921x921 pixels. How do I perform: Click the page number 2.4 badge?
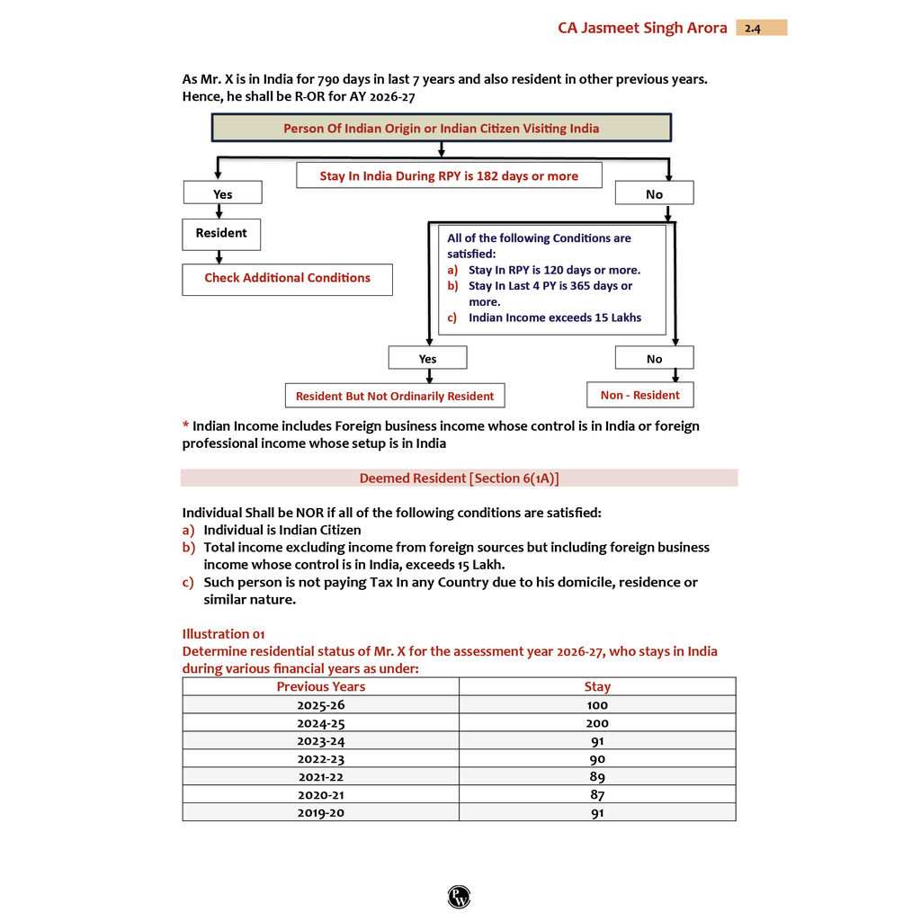761,28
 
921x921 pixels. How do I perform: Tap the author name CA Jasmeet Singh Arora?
642,28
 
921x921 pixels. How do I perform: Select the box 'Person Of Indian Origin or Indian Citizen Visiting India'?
441,128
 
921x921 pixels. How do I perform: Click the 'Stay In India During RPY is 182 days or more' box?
449,175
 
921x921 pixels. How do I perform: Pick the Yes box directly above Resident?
222,193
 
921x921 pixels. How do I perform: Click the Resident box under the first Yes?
221,233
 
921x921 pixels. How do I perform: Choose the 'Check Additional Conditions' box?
287,278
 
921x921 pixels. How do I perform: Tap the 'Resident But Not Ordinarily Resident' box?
395,396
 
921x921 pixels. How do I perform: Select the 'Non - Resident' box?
639,395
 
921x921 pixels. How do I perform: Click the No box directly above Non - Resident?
654,358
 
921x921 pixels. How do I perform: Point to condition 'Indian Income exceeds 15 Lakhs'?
554,317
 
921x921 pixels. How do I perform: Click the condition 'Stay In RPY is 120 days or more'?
554,270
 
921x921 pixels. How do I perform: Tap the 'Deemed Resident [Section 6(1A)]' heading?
459,478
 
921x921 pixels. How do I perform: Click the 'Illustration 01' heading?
223,634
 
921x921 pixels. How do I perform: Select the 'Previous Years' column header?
320,686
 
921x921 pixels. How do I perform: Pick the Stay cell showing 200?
597,722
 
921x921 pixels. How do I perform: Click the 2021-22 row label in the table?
320,776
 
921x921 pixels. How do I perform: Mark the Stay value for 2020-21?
597,794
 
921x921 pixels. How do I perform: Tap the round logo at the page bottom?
459,896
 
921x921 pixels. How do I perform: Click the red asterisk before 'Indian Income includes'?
185,425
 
